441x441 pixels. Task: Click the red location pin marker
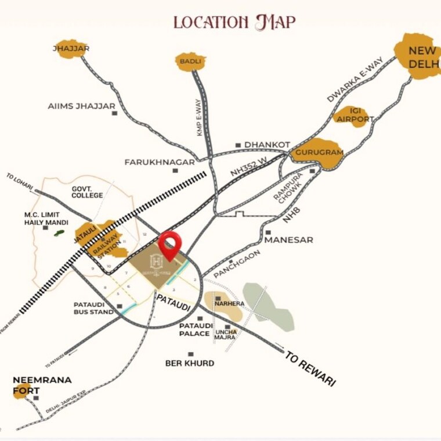[169, 244]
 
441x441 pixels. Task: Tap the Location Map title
[234, 22]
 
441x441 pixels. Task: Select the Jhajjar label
[71, 48]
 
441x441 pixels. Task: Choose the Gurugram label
[319, 152]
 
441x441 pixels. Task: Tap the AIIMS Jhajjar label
[82, 106]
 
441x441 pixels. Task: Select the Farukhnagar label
[160, 162]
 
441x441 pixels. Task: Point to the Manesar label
[289, 239]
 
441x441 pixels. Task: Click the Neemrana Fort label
[42, 385]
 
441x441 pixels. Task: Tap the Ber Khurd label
[190, 363]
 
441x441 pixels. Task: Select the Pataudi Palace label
[194, 329]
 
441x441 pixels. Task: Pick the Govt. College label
[87, 192]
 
